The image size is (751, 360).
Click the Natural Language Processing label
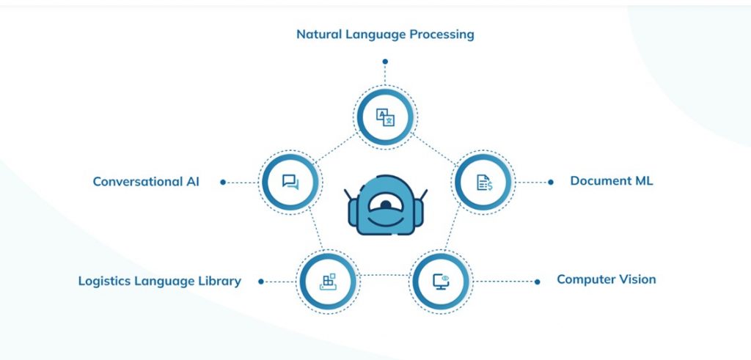tap(385, 35)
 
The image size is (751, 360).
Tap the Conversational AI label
tap(146, 182)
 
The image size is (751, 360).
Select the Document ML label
tap(611, 181)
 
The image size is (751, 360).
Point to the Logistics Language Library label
tap(159, 281)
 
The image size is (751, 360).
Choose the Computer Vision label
tap(606, 279)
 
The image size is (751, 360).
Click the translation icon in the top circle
tap(385, 117)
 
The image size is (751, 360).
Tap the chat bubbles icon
tap(290, 182)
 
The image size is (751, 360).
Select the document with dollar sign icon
tap(484, 182)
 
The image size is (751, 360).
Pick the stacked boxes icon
tap(328, 282)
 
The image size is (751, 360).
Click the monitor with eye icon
tap(441, 282)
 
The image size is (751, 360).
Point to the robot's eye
tap(386, 205)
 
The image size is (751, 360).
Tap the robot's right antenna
tap(422, 196)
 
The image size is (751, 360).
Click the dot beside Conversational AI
tap(223, 183)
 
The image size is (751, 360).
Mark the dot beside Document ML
tap(551, 183)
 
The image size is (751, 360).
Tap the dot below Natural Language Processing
tap(385, 62)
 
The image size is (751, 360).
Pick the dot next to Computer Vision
tap(538, 282)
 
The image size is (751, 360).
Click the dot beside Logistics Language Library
tap(261, 282)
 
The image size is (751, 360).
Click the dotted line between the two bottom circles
tap(384, 275)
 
